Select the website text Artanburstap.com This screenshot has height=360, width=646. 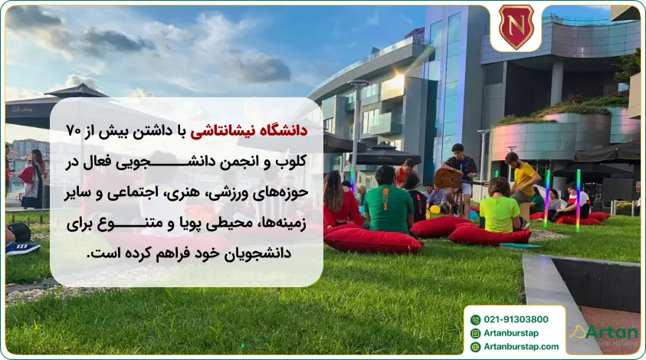pyautogui.click(x=520, y=347)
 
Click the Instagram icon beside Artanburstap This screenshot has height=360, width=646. pyautogui.click(x=475, y=333)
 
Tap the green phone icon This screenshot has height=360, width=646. pyautogui.click(x=475, y=319)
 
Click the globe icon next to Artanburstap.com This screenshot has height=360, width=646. pyautogui.click(x=475, y=347)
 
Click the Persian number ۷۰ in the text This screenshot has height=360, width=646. pyautogui.click(x=74, y=130)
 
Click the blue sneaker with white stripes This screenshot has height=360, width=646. pyautogui.click(x=23, y=247)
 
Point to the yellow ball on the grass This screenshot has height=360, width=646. pyautogui.click(x=434, y=209)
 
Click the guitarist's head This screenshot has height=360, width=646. pyautogui.click(x=457, y=149)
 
